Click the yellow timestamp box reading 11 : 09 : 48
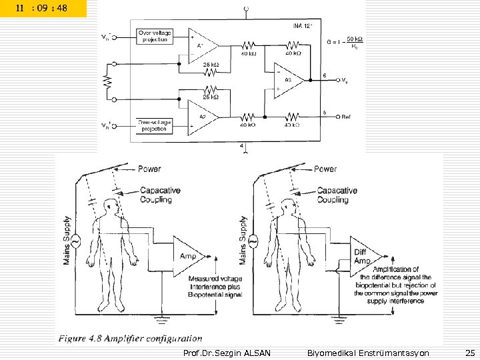(x=43, y=9)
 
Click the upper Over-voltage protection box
(x=154, y=35)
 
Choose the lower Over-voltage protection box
(x=154, y=125)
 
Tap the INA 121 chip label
(x=302, y=27)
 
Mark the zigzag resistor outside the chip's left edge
(x=105, y=81)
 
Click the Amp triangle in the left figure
(x=189, y=255)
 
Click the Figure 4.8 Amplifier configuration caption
(x=130, y=339)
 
